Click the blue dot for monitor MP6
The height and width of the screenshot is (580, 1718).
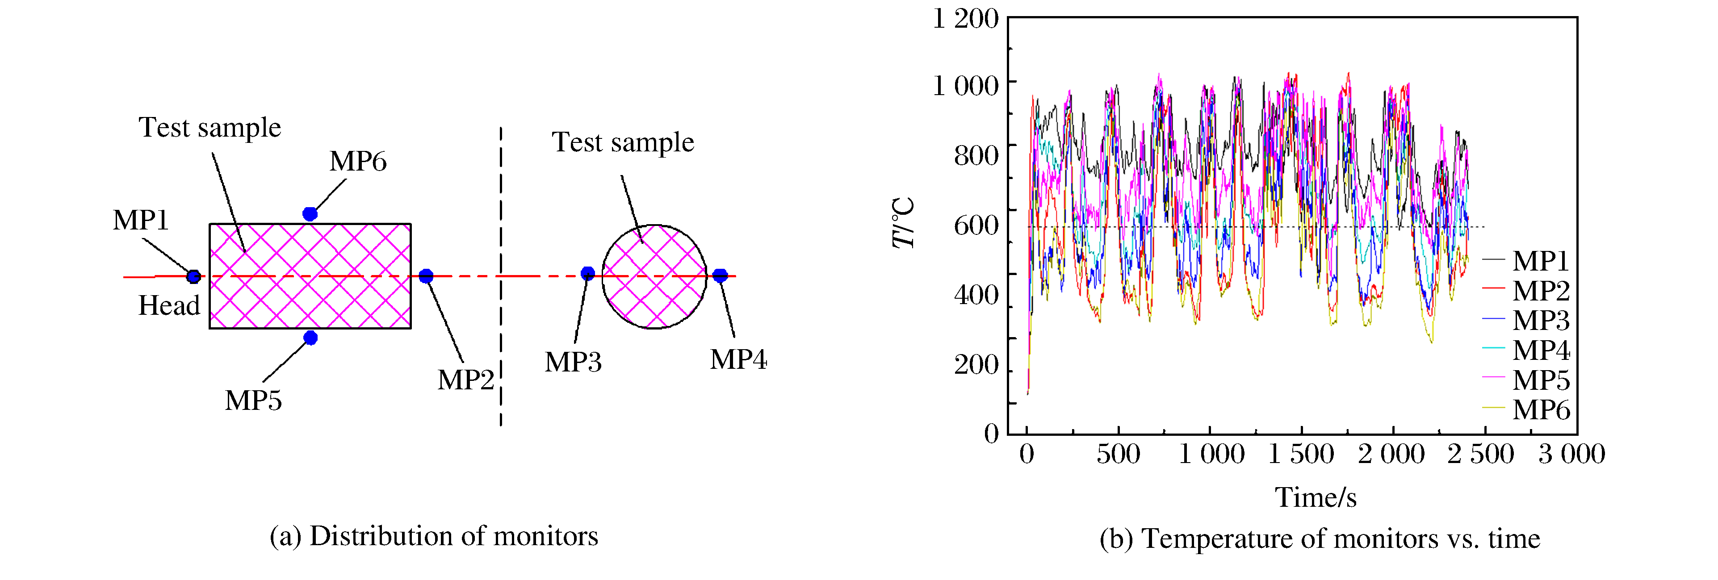coord(310,214)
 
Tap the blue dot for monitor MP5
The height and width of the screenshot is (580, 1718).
coord(310,338)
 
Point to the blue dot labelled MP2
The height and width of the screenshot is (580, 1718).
coord(426,276)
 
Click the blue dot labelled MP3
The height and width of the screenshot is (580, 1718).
coord(587,273)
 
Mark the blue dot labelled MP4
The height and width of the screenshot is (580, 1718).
coord(720,275)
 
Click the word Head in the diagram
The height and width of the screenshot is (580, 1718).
coord(169,306)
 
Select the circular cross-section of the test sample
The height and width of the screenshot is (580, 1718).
coord(654,277)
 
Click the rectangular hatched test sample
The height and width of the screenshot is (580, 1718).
coord(310,276)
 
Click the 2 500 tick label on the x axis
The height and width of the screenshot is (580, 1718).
coord(1480,455)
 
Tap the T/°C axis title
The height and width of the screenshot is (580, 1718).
coord(904,223)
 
